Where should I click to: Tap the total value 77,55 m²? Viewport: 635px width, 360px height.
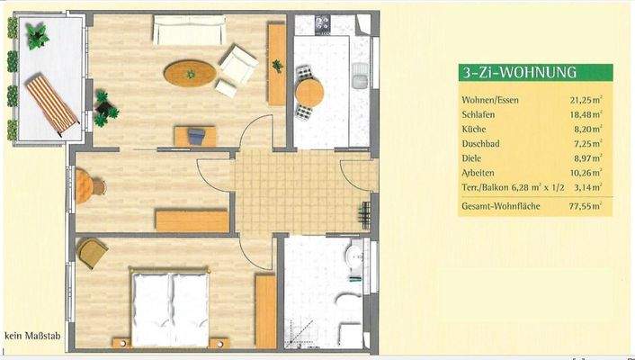point(582,206)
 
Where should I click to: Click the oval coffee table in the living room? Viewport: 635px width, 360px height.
point(189,70)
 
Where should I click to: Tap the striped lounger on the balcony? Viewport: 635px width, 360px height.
point(51,104)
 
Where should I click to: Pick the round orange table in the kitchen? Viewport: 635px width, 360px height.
point(309,93)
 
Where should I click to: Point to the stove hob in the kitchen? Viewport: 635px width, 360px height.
point(320,22)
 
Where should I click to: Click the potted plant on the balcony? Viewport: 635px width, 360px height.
point(38,36)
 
